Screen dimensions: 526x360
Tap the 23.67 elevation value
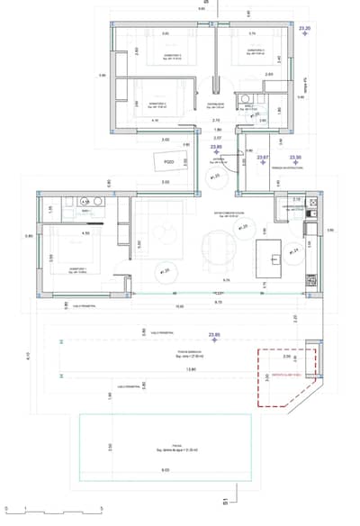point(264,158)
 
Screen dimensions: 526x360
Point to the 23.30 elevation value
point(296,158)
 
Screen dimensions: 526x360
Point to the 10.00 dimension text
point(179,306)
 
